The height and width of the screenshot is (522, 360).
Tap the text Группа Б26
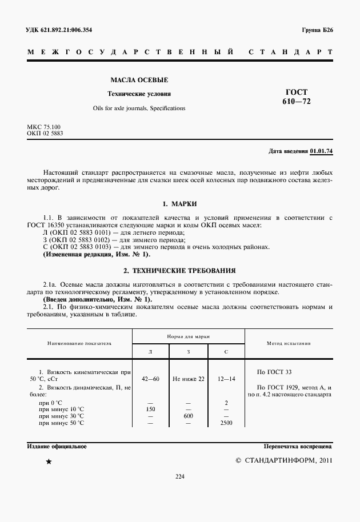(x=317, y=30)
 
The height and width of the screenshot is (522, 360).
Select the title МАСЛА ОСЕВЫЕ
(x=139, y=80)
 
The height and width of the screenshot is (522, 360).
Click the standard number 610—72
(x=296, y=102)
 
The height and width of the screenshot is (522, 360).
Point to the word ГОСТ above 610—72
(x=296, y=92)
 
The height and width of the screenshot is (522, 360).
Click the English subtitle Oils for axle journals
(x=139, y=108)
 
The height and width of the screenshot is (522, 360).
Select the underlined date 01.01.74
(x=321, y=151)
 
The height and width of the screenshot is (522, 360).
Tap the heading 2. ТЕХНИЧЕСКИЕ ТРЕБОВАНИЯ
(x=179, y=270)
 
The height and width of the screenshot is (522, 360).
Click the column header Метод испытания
(x=289, y=344)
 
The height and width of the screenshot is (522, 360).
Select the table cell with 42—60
(x=151, y=379)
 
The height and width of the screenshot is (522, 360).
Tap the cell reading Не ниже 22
(x=189, y=379)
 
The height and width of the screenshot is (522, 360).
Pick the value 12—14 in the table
(x=226, y=379)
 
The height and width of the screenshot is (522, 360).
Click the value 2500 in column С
(x=226, y=423)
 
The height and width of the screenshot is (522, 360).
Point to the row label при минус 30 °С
(x=61, y=416)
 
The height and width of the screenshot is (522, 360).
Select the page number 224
(x=179, y=477)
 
